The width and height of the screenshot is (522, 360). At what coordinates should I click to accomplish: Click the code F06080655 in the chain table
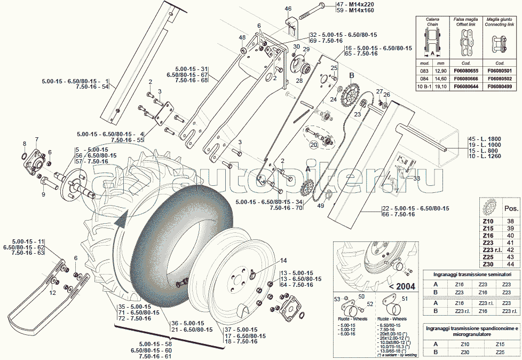click(x=465, y=71)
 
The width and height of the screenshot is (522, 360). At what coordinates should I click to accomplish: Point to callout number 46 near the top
click(x=288, y=9)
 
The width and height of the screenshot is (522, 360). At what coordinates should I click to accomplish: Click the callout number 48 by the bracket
click(x=242, y=37)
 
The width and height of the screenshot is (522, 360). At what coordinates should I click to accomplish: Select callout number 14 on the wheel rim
click(x=283, y=261)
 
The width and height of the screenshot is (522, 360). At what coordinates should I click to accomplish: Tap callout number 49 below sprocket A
click(x=320, y=206)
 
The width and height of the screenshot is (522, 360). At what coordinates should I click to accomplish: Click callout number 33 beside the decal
click(x=417, y=179)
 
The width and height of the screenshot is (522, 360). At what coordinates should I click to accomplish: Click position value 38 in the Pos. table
click(x=510, y=221)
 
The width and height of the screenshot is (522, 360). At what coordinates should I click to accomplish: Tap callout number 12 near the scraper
click(x=53, y=292)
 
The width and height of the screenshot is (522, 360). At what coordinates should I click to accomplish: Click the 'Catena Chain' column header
click(x=433, y=22)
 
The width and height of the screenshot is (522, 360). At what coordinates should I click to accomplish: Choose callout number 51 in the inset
click(x=404, y=299)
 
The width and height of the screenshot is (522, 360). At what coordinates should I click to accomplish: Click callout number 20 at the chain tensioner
click(x=314, y=145)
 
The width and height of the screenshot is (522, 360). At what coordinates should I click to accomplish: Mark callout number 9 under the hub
click(x=43, y=194)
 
